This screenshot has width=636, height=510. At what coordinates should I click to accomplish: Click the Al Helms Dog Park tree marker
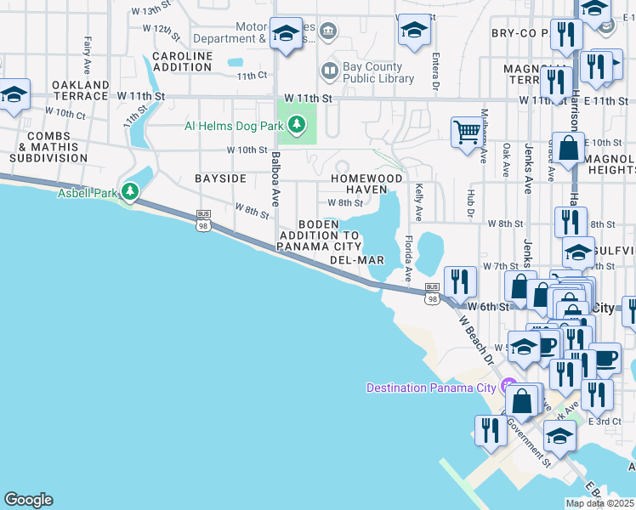click(296, 126)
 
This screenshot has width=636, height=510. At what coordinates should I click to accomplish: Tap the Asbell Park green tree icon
click(130, 192)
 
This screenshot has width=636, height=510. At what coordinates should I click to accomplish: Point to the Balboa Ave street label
click(275, 179)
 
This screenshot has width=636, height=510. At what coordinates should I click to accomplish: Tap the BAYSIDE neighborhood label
click(220, 178)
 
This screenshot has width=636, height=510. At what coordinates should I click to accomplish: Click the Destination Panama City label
click(430, 388)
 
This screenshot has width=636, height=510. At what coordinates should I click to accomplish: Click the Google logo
click(28, 500)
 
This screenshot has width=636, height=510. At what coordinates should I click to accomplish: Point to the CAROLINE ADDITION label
click(182, 61)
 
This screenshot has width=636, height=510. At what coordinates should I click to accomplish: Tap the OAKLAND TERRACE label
click(81, 90)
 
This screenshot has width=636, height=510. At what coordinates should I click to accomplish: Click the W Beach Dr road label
click(476, 341)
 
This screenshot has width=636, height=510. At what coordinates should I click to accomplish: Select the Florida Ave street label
click(408, 258)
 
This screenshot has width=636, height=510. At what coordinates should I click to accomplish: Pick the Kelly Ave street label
click(419, 202)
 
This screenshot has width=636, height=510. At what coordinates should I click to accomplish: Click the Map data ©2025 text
click(599, 503)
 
